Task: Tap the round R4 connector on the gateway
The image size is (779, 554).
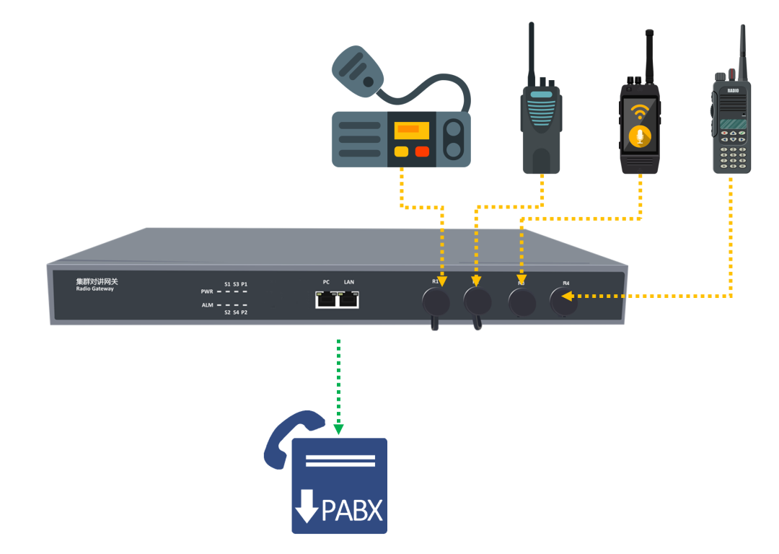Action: tap(563, 302)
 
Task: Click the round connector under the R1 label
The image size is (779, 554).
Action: tap(436, 300)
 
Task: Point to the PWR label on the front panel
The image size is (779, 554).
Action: tap(207, 291)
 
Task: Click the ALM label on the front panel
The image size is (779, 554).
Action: tap(207, 306)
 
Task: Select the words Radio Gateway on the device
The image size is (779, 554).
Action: tap(94, 289)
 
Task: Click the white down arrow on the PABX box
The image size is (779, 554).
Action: tap(307, 506)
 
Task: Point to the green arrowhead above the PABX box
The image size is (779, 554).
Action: tap(339, 429)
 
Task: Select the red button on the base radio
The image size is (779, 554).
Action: tap(422, 151)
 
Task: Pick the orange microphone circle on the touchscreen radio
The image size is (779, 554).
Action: tap(639, 136)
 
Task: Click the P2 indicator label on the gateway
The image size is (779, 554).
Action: tap(245, 312)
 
